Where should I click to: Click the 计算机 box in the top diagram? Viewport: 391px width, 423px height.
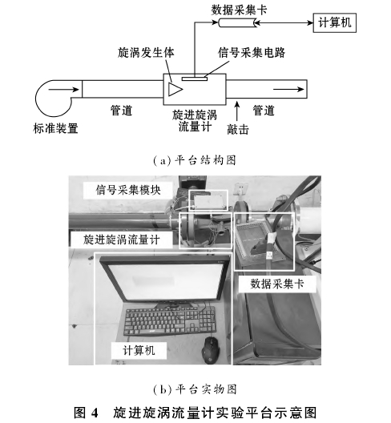pyautogui.click(x=334, y=22)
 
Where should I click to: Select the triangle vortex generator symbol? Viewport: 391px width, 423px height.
pyautogui.click(x=175, y=89)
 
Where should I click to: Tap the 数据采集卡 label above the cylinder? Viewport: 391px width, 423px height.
pyautogui.click(x=239, y=10)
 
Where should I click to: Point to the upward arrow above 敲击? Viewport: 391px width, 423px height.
pyautogui.click(x=237, y=111)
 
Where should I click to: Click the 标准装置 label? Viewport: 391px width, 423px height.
pyautogui.click(x=56, y=128)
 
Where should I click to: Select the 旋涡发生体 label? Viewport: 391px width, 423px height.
pyautogui.click(x=146, y=52)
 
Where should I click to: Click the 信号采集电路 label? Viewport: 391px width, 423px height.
pyautogui.click(x=252, y=52)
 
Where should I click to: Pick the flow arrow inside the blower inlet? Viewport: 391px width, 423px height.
pyautogui.click(x=64, y=89)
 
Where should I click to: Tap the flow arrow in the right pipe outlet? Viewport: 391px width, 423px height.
pyautogui.click(x=288, y=89)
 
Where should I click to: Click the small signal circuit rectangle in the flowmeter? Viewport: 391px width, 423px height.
pyautogui.click(x=195, y=79)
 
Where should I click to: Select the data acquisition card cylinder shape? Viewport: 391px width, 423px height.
pyautogui.click(x=237, y=23)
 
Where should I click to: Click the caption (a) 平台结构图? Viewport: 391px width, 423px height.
pyautogui.click(x=195, y=160)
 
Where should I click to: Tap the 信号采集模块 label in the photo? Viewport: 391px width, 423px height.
pyautogui.click(x=128, y=190)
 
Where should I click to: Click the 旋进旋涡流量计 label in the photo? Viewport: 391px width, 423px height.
pyautogui.click(x=122, y=240)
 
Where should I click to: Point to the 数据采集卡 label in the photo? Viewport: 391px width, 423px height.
pyautogui.click(x=277, y=284)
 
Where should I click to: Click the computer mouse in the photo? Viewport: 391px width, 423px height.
pyautogui.click(x=211, y=350)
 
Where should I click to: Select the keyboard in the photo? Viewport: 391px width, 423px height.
pyautogui.click(x=171, y=320)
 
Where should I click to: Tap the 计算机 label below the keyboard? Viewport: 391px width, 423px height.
pyautogui.click(x=139, y=350)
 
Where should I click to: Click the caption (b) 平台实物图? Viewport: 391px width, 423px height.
pyautogui.click(x=195, y=389)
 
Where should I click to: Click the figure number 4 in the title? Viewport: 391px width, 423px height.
pyautogui.click(x=95, y=413)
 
